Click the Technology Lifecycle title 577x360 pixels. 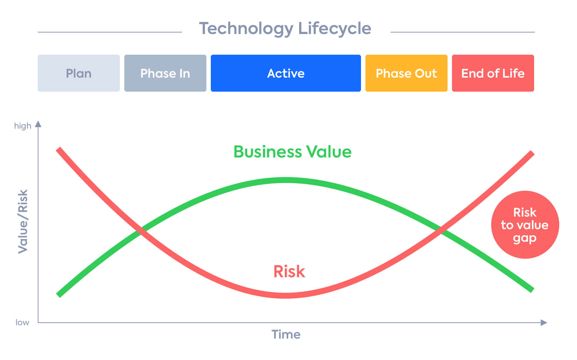click(x=285, y=28)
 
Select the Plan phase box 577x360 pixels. click(x=78, y=73)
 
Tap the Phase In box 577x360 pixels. click(x=165, y=73)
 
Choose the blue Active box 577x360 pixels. click(x=286, y=73)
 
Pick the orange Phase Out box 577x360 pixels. click(x=406, y=73)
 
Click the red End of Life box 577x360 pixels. click(x=493, y=73)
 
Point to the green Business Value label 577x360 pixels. click(x=292, y=152)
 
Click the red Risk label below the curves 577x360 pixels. click(x=289, y=271)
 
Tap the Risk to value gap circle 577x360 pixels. click(x=525, y=225)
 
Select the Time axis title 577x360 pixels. click(x=286, y=334)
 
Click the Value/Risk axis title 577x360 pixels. click(x=23, y=221)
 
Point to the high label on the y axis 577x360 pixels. click(x=23, y=126)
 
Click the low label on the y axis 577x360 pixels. click(x=22, y=322)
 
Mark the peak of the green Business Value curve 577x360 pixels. click(x=286, y=180)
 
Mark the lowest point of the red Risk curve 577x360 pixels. click(x=286, y=296)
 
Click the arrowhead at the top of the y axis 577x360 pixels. click(x=38, y=124)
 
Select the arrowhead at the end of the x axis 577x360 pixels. click(x=544, y=323)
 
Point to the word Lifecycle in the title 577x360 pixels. click(x=334, y=28)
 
